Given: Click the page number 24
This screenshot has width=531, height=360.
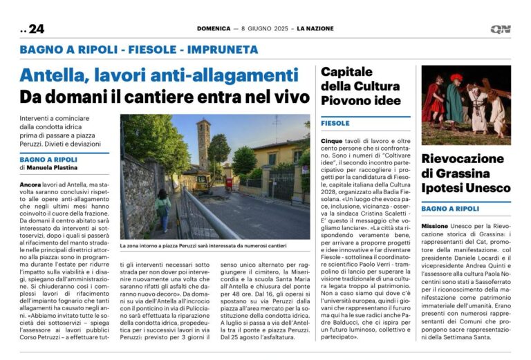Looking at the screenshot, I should [36, 29].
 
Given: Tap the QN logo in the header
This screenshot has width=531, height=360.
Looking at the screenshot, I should [501, 29].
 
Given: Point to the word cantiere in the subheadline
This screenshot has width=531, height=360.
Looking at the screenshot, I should [165, 96].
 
